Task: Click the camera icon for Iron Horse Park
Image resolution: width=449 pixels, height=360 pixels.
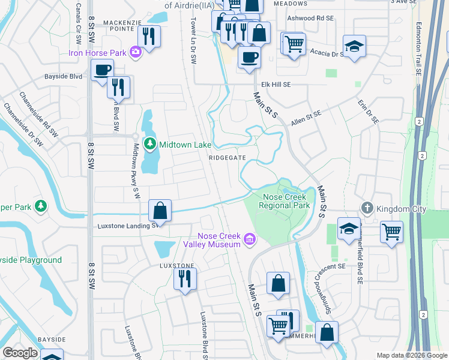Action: click(136, 53)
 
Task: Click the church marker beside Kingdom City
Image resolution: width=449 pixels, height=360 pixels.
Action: click(367, 209)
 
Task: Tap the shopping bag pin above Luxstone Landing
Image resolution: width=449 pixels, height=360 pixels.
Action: click(160, 211)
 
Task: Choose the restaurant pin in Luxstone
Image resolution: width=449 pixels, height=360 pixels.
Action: click(185, 278)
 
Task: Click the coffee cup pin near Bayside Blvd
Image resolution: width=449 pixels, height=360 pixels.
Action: click(103, 69)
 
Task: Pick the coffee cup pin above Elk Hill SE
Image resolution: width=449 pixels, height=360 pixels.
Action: click(249, 58)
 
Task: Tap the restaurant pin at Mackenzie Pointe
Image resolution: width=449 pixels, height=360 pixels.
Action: click(149, 36)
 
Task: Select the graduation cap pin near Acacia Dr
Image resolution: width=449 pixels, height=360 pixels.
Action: click(355, 46)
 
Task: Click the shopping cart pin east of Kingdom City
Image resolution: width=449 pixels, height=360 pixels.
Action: click(391, 230)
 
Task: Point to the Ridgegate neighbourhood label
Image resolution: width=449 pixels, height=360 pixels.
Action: click(227, 157)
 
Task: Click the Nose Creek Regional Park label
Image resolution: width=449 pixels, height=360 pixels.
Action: click(284, 201)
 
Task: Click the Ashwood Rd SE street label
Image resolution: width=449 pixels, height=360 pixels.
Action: click(310, 19)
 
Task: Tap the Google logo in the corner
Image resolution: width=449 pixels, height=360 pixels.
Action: click(20, 353)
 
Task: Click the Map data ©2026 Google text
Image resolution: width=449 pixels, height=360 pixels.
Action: click(411, 355)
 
